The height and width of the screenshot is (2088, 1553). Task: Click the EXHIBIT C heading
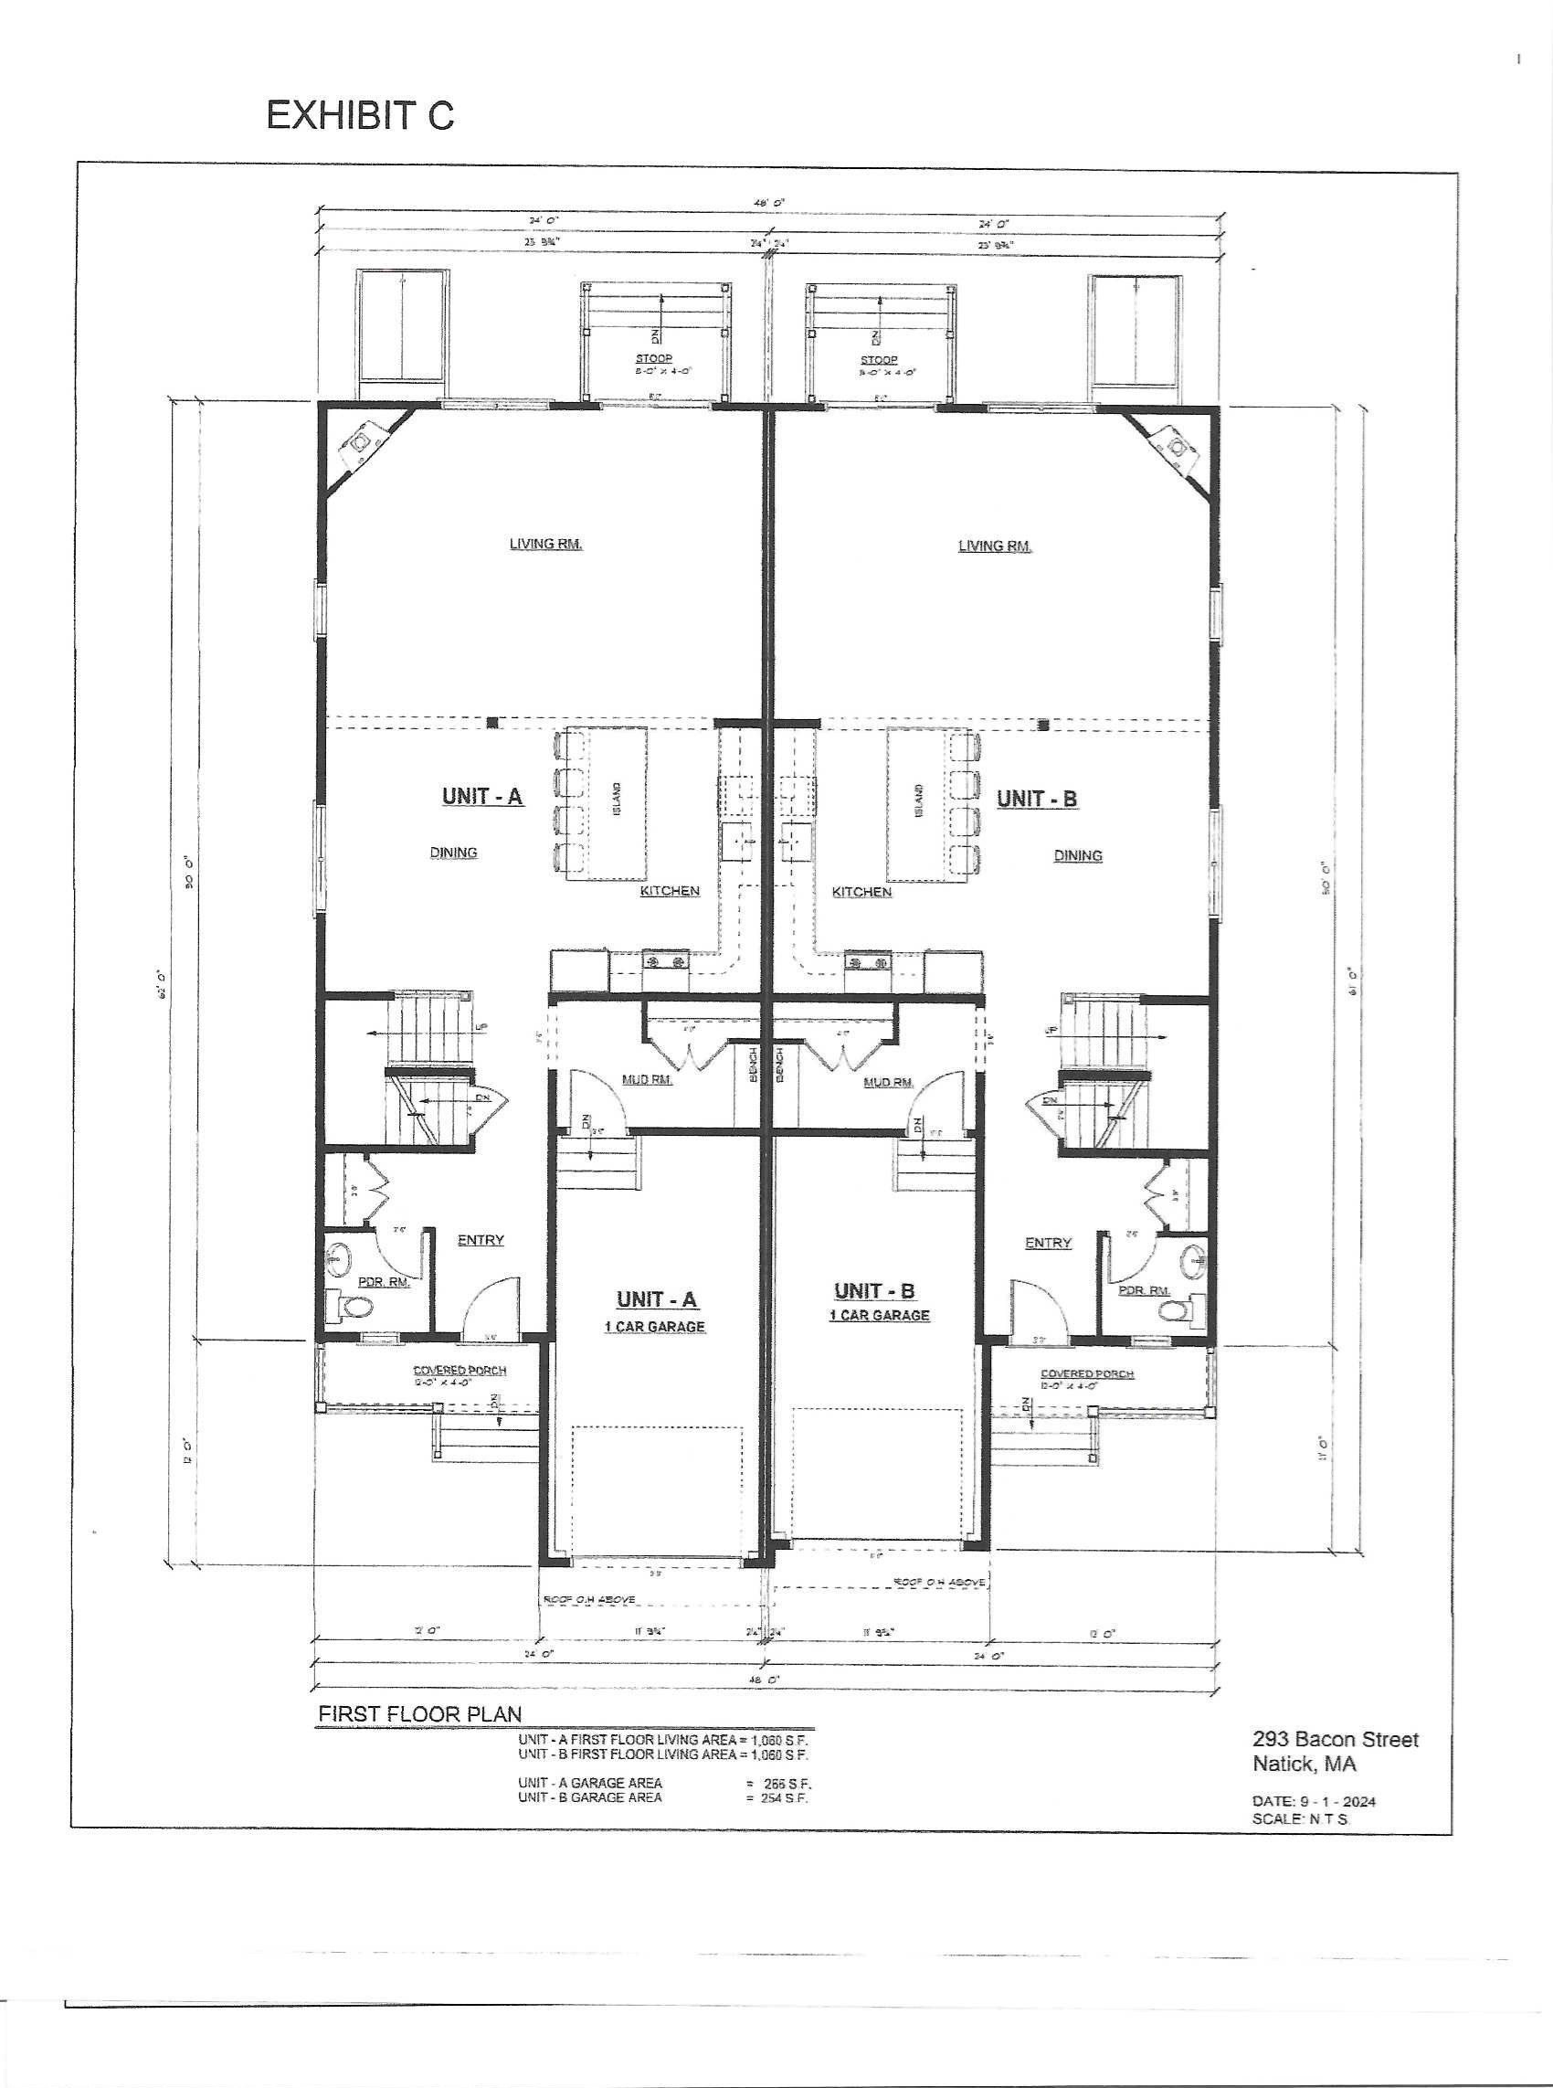(360, 115)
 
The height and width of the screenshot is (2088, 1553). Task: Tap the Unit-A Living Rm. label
(546, 544)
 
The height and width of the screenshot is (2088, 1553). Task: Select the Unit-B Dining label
(1077, 855)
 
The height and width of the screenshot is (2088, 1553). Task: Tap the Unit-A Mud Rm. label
(647, 1080)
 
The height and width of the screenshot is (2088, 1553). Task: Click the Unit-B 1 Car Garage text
(879, 1315)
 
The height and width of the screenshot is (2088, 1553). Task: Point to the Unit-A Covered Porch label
(460, 1371)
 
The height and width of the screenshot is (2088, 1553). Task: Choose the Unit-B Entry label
(1047, 1243)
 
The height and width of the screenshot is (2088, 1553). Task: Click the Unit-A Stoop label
(653, 359)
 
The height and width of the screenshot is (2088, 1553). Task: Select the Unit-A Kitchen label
(670, 890)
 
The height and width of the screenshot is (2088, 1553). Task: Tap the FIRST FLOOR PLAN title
(419, 1714)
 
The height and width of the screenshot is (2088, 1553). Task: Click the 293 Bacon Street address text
(1335, 1740)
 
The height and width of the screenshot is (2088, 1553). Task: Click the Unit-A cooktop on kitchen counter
(666, 960)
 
